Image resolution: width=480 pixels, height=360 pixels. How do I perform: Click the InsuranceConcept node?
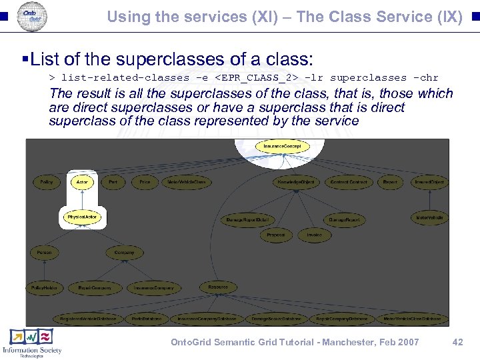pyautogui.click(x=282, y=146)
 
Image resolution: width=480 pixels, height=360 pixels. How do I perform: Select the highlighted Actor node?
pyautogui.click(x=82, y=181)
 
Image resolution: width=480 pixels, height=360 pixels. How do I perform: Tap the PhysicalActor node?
pyautogui.click(x=82, y=217)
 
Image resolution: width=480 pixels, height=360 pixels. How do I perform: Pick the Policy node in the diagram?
pyautogui.click(x=46, y=181)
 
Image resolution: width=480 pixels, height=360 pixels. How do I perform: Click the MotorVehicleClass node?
pyautogui.click(x=187, y=181)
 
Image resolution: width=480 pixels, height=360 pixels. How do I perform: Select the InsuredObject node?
pyautogui.click(x=429, y=181)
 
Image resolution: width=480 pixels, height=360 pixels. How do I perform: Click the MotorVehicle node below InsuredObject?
pyautogui.click(x=429, y=217)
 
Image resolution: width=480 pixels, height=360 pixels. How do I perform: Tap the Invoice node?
pyautogui.click(x=314, y=235)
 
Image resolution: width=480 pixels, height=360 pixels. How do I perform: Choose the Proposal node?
pyautogui.click(x=276, y=235)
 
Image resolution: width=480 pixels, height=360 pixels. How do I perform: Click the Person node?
pyautogui.click(x=44, y=253)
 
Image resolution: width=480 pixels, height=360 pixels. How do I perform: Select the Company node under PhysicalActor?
pyautogui.click(x=124, y=253)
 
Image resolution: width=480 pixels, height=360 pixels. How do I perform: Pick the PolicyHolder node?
pyautogui.click(x=44, y=288)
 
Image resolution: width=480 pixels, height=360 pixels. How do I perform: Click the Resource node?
pyautogui.click(x=217, y=287)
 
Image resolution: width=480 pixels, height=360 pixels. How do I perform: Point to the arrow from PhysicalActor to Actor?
pyautogui.click(x=82, y=199)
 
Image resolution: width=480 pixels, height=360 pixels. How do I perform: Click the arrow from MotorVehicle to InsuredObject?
pyautogui.click(x=429, y=199)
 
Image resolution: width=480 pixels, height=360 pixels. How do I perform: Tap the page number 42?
pyautogui.click(x=457, y=342)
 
